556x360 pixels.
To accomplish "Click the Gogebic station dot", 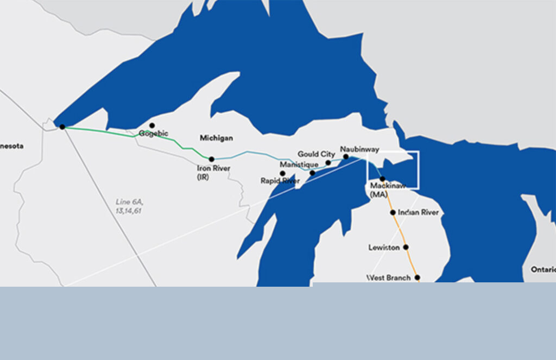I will (152, 125).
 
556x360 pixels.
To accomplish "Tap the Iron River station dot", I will (212, 159).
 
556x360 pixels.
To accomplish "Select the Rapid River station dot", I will (282, 174).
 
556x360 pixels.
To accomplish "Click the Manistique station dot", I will (312, 173).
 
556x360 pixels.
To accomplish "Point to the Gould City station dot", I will (328, 162).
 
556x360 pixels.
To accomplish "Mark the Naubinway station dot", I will (346, 156).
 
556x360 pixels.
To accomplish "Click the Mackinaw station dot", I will (382, 179).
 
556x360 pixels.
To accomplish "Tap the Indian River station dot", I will (393, 212).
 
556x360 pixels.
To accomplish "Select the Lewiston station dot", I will (406, 247).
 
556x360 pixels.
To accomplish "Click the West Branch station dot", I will (417, 277).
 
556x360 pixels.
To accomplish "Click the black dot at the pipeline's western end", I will (62, 127).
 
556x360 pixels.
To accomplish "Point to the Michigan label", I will (216, 138).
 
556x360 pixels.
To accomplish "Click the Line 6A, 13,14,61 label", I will (129, 206).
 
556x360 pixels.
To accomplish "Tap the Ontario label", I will (543, 269).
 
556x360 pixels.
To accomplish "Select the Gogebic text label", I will (153, 134).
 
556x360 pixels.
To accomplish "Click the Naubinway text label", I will (359, 148).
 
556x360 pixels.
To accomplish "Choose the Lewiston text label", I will (384, 248).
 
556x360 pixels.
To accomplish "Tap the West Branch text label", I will (389, 278).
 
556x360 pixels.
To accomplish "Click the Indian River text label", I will (418, 212).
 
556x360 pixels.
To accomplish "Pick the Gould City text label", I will (316, 154).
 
